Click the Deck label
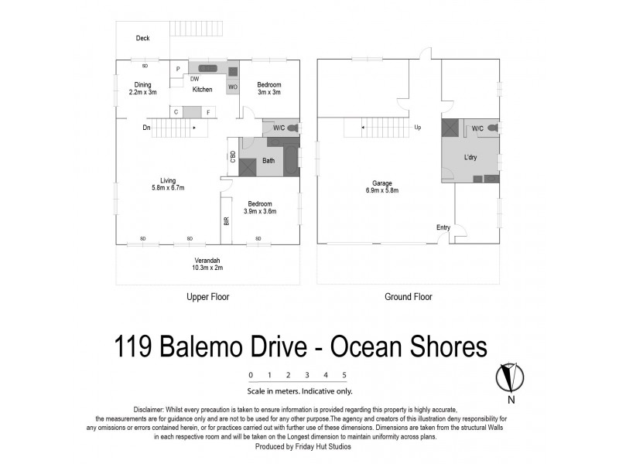(142, 38)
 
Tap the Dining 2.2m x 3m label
(142, 88)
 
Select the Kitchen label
(203, 90)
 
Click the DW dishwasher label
(195, 79)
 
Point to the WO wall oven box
(232, 87)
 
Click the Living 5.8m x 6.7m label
(167, 183)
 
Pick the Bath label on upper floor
(268, 161)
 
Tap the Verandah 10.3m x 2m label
(207, 264)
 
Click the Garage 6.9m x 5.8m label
(380, 186)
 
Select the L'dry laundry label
(470, 158)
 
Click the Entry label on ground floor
(443, 227)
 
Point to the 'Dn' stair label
(146, 128)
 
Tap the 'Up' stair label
(418, 128)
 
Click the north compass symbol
(511, 377)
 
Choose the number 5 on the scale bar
(344, 375)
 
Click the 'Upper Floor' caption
(207, 297)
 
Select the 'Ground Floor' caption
(408, 297)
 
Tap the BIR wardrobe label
(227, 220)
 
